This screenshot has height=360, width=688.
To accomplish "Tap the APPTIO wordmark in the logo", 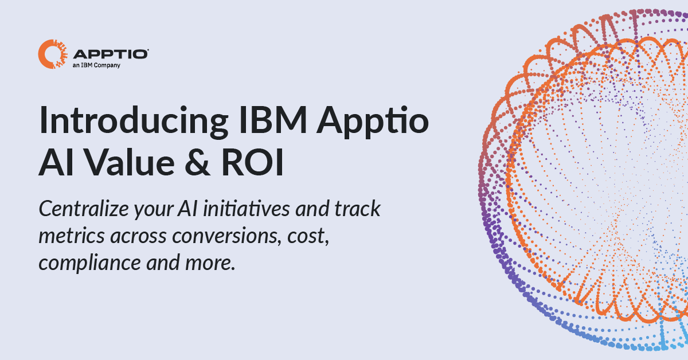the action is (x=111, y=54).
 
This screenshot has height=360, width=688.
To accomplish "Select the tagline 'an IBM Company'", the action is (x=96, y=65).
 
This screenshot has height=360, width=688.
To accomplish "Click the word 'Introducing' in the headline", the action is (x=134, y=121).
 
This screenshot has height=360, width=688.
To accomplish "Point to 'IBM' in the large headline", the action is (x=273, y=120).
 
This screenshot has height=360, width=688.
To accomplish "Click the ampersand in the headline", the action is (x=198, y=163).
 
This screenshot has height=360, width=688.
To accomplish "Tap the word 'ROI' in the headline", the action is (x=252, y=163).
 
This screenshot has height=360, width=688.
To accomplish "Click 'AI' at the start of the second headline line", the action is (x=56, y=163).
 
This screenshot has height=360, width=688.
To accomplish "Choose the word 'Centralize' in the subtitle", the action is (x=84, y=209).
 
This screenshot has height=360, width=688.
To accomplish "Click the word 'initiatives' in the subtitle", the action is (x=247, y=208).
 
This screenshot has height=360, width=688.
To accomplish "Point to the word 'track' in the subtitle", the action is (x=358, y=209).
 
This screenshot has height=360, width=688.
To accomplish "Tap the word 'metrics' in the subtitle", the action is (x=72, y=236).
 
